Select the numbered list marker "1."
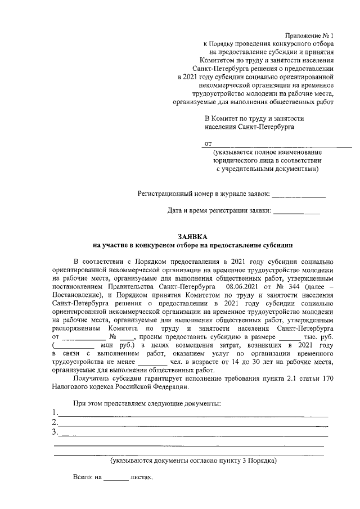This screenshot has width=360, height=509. (55, 412)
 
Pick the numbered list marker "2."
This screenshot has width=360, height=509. (55, 422)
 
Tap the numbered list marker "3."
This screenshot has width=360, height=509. (55, 432)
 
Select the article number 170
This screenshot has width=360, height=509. (328, 379)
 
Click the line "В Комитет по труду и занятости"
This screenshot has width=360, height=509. (254, 119)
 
